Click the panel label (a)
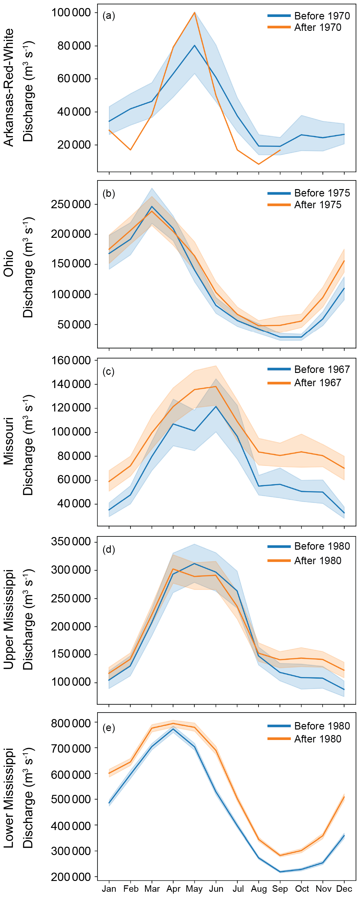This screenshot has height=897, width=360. pos(109,16)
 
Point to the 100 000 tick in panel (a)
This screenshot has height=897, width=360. pos(71,13)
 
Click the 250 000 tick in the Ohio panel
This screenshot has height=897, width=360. pos(71,205)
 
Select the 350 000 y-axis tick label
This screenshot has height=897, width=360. pos(71,542)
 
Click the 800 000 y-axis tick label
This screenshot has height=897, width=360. pos(71,724)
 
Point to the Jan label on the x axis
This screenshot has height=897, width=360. pos(109,889)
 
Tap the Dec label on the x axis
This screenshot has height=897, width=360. pos(344,889)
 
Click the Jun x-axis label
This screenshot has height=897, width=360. pos(216,889)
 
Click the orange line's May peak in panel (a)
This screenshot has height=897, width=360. pos(195,13)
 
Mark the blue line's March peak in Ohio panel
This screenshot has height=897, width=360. pos(152,206)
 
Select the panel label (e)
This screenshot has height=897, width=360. pos(109,728)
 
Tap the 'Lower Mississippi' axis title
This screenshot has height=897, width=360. pos(8,797)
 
